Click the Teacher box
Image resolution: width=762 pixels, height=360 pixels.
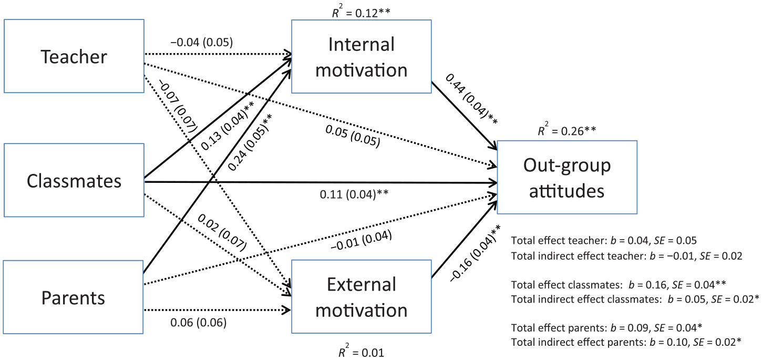(x=74, y=56)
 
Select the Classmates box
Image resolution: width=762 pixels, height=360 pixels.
(x=74, y=180)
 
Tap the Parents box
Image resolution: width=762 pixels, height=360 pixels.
(x=73, y=297)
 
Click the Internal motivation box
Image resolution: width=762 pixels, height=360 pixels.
(x=361, y=56)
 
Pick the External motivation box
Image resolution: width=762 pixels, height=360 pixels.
(x=361, y=296)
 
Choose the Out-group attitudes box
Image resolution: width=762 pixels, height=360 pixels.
(x=567, y=177)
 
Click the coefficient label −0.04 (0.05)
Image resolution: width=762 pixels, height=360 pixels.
(x=202, y=42)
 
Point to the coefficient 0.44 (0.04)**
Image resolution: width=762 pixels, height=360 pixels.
(x=471, y=99)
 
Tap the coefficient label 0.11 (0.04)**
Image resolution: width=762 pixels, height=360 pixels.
(x=354, y=194)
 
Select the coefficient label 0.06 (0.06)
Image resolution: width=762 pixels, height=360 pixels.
(x=198, y=323)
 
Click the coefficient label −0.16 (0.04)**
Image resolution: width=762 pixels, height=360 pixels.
(x=475, y=253)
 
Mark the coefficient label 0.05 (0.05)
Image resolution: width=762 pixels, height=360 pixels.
(x=353, y=136)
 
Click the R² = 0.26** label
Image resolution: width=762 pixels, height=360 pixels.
(x=567, y=130)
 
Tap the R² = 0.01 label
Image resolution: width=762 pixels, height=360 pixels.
(x=361, y=352)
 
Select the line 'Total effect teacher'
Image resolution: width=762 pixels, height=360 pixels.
(x=604, y=241)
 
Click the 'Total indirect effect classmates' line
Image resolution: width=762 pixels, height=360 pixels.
(x=635, y=299)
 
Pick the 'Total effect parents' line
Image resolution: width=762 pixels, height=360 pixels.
(x=606, y=327)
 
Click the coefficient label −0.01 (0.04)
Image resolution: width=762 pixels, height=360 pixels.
(x=361, y=240)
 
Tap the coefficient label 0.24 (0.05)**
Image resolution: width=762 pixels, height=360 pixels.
(x=250, y=142)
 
